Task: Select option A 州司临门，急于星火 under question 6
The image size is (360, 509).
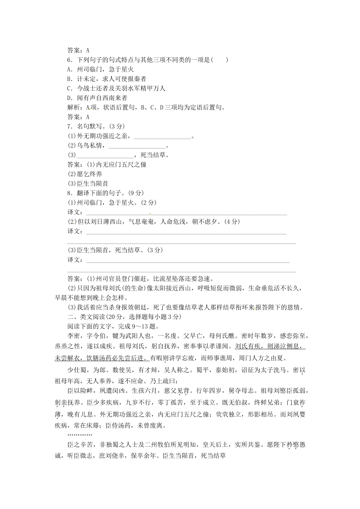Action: click(100, 69)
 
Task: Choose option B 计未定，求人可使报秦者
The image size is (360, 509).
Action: click(106, 79)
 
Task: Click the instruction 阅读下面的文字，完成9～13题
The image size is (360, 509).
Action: click(113, 326)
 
